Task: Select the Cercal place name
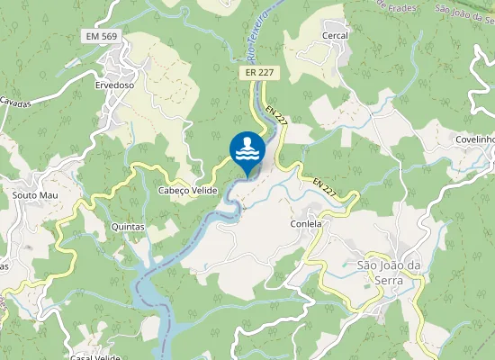coord(335,35)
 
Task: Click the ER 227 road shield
coord(257,72)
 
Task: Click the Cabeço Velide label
coord(188,191)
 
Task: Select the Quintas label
coord(127,227)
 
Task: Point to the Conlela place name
coord(306,223)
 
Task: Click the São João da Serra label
coord(389,272)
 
